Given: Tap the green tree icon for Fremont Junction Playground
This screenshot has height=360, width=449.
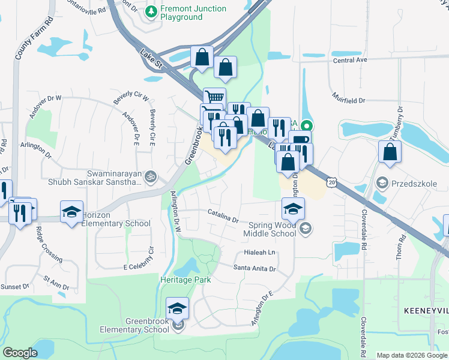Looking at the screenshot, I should pos(152,10).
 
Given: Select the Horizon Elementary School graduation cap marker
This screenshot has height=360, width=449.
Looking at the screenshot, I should pos(71,211).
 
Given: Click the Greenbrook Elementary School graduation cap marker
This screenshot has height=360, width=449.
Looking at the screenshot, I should pos(177,308).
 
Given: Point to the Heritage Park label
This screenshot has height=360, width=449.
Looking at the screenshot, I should pos(185,280).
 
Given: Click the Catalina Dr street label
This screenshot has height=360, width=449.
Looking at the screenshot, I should pos(223,214).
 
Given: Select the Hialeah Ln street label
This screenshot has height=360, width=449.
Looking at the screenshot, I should pos(259,253).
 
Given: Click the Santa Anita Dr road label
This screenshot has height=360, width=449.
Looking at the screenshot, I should pos(254,268).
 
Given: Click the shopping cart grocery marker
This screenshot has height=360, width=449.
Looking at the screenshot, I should pos(214,98).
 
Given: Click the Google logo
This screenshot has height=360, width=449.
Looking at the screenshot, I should pos(20,352).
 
